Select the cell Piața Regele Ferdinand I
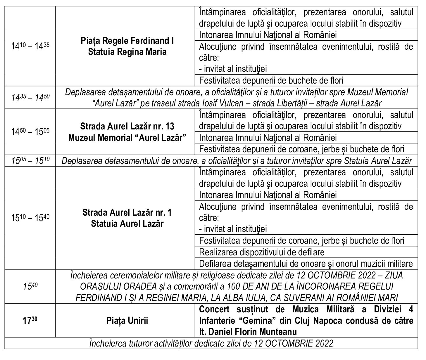coord(127,41)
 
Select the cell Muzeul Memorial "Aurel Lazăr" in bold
coord(127,138)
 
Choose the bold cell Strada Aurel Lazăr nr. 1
coord(127,212)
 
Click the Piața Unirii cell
coord(127,321)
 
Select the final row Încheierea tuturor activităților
coord(211,343)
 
